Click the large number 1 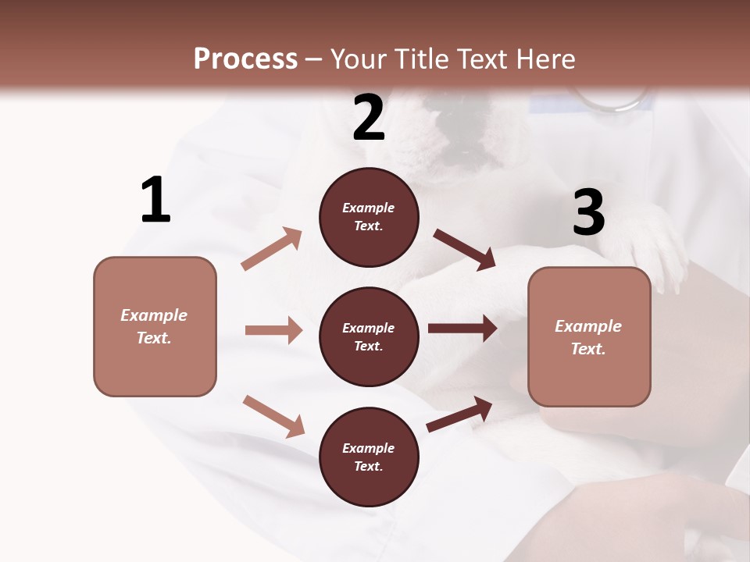[x=155, y=201]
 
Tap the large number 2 [x=369, y=118]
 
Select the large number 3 [x=588, y=213]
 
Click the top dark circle [x=369, y=217]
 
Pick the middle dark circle [x=369, y=337]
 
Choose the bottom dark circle [x=369, y=457]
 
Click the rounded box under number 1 [x=155, y=326]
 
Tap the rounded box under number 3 [x=589, y=337]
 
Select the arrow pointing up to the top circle [x=272, y=249]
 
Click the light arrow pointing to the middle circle [x=273, y=330]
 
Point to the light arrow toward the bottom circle [x=273, y=416]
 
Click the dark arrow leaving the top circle [x=464, y=250]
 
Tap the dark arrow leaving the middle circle [x=462, y=329]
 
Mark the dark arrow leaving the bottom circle [x=459, y=414]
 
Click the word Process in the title [x=245, y=59]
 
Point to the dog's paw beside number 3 [x=656, y=250]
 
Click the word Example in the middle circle [x=369, y=328]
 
